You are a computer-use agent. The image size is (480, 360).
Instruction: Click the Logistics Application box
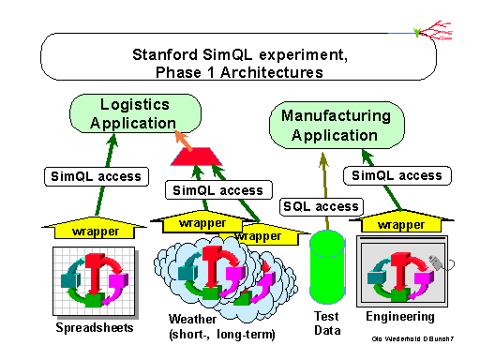point(135,113)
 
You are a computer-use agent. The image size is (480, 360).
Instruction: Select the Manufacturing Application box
point(337,125)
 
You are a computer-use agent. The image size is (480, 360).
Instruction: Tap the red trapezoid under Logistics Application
point(196,157)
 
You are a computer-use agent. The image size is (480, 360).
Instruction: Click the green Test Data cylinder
point(327,267)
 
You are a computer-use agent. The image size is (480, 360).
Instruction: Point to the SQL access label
point(322,206)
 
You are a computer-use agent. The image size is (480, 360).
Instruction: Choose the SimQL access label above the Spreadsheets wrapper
point(97,176)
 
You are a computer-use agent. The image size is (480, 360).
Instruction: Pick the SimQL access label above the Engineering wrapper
point(397,175)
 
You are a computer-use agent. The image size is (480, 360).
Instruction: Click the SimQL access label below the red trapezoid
point(218,190)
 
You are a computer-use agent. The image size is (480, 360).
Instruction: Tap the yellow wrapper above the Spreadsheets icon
point(95,229)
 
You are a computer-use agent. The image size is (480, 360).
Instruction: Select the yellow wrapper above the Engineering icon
point(401,222)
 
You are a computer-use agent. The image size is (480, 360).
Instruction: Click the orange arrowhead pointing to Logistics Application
point(182,138)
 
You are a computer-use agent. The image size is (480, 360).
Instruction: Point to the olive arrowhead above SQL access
point(323,160)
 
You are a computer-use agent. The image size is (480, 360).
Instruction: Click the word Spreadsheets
point(95,327)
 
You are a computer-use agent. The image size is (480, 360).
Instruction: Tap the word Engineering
point(400,317)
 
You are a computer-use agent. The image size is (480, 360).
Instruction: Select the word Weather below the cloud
point(192,319)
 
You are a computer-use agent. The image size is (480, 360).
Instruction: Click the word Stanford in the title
point(165,54)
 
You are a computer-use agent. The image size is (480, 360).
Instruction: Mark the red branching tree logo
point(434,31)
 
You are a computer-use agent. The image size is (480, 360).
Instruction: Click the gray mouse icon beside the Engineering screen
point(437,262)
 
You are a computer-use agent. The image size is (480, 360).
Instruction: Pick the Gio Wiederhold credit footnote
point(412,338)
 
